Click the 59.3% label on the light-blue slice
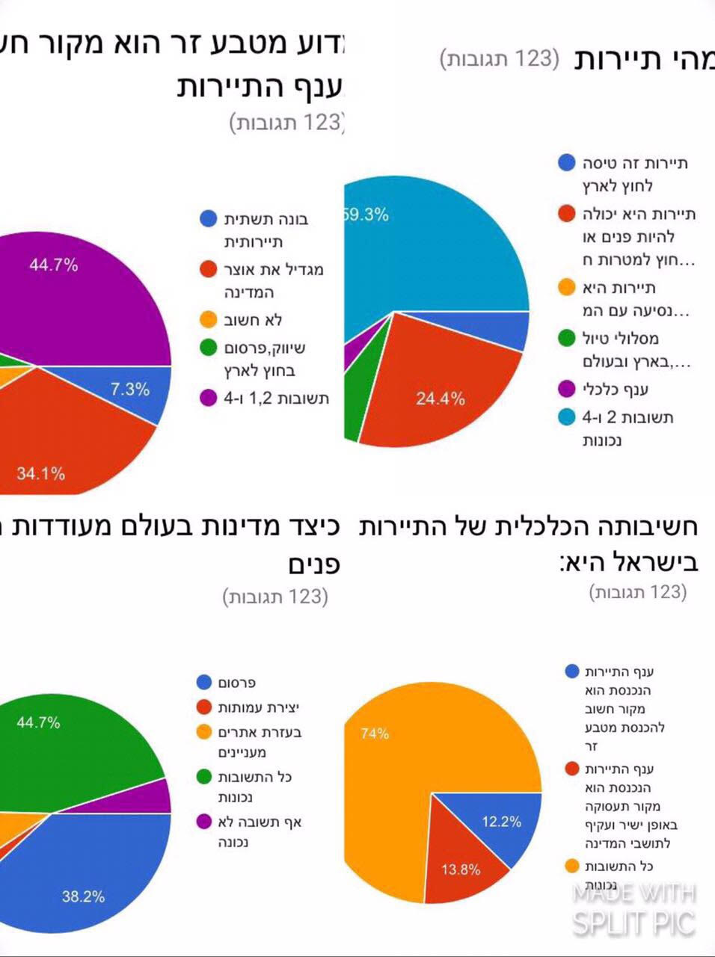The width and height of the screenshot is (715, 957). tap(366, 215)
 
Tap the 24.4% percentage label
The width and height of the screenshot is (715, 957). tap(440, 399)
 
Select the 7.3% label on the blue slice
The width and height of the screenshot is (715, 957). tap(130, 389)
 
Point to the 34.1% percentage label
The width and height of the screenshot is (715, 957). tap(40, 473)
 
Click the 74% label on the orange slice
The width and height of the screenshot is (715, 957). tap(374, 733)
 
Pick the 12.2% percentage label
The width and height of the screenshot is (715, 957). tap(501, 822)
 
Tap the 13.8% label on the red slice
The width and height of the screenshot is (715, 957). tap(460, 870)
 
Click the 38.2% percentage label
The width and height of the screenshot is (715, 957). tap(82, 896)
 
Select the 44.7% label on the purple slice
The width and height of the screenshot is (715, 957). tap(53, 265)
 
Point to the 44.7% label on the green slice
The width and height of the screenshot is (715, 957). tap(38, 722)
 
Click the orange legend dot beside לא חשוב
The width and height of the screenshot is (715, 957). tap(208, 320)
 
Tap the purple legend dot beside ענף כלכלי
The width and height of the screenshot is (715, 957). tap(567, 389)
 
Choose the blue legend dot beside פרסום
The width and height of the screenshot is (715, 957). tap(204, 682)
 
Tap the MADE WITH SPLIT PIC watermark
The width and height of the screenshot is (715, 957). tap(634, 908)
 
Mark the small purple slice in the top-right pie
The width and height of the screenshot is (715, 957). tap(352, 357)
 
